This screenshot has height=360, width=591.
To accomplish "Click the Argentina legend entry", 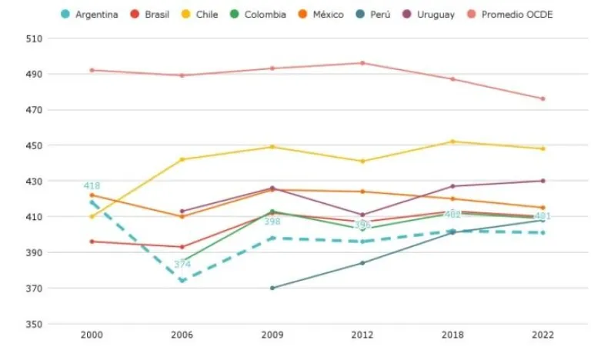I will (x=90, y=15).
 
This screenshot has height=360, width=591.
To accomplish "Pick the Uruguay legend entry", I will (x=428, y=15).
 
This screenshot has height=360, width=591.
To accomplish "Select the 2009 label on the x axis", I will (x=272, y=335).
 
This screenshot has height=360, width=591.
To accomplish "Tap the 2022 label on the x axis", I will (x=543, y=335).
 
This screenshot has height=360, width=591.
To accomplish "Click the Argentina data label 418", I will (x=92, y=186).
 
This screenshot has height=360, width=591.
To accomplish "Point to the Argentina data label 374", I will (x=182, y=265).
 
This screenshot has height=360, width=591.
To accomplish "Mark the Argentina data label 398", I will (x=272, y=222).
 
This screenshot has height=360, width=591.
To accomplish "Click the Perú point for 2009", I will (x=272, y=288).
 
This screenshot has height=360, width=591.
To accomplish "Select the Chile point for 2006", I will (x=182, y=159).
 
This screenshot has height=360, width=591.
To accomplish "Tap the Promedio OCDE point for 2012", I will (x=362, y=63).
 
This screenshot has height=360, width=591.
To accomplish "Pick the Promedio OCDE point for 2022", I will (x=543, y=98).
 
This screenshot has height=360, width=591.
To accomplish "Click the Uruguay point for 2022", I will (x=543, y=181).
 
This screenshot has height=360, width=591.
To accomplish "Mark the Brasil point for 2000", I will (x=92, y=242).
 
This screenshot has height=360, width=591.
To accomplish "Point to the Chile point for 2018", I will (x=452, y=142).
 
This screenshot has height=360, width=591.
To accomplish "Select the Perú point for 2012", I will (x=362, y=263).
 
